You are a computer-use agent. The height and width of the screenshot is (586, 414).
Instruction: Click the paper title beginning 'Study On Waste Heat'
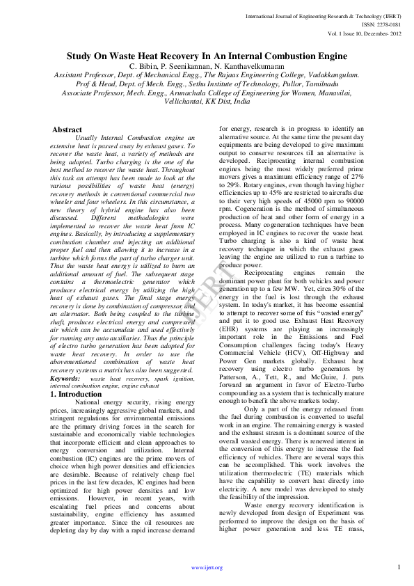click(x=207, y=56)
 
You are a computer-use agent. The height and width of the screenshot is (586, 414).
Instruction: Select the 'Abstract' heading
click(x=67, y=130)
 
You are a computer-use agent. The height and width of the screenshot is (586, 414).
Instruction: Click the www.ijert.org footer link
click(x=207, y=568)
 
